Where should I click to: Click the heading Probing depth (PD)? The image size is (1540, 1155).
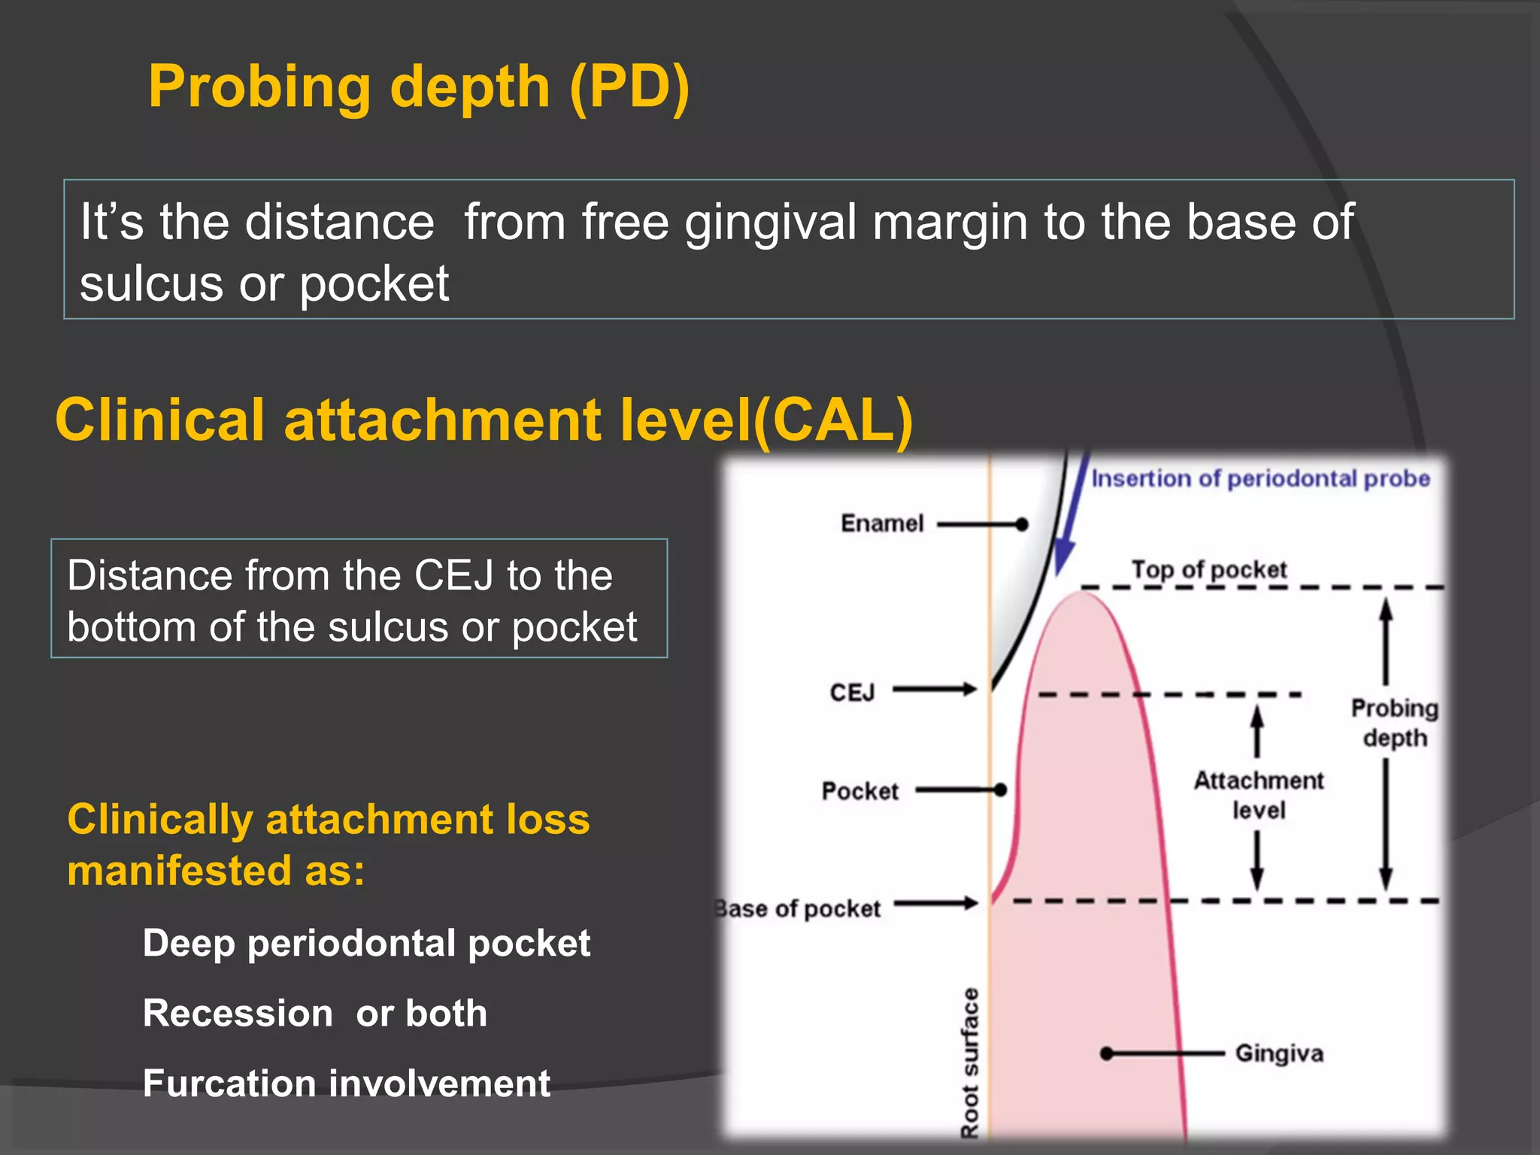pos(418,87)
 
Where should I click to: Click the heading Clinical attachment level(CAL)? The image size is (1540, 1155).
pos(484,420)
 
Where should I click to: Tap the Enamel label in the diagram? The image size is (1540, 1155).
pos(881,523)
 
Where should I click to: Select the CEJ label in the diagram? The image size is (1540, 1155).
pos(852,692)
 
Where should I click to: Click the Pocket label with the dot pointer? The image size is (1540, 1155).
pos(860,791)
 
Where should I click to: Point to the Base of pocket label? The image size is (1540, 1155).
pos(799,908)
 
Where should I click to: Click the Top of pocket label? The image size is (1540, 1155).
pos(1209,569)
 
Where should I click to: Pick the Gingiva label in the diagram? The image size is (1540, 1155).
pos(1279,1053)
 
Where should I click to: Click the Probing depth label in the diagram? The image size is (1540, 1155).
pos(1394,723)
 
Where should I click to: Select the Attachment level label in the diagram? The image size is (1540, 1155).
pos(1258,795)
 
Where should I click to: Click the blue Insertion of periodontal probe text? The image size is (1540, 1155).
pos(1260,478)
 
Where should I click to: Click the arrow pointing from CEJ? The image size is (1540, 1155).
pos(935,689)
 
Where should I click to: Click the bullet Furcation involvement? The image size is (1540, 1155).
pos(347,1084)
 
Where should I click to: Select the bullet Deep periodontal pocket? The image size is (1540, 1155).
pos(366,943)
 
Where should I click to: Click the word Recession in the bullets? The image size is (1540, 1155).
pos(238,1013)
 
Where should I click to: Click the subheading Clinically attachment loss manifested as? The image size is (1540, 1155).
pos(328,844)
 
